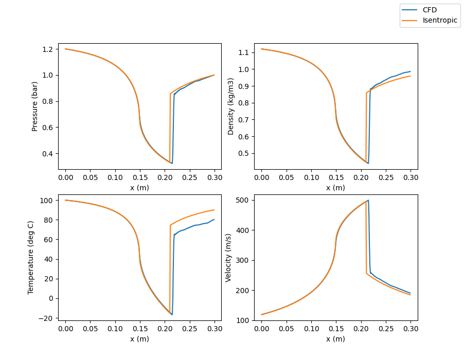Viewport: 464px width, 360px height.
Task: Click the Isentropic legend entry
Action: [437, 21]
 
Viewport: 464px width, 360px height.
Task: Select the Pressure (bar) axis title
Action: [35, 106]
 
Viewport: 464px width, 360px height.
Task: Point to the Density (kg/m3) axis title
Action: [231, 106]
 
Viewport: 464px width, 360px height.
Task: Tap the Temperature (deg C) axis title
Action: [31, 257]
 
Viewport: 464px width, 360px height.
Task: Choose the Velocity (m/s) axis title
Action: [228, 257]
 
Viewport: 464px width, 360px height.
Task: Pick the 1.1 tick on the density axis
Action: [243, 52]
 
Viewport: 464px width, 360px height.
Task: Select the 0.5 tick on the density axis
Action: [243, 153]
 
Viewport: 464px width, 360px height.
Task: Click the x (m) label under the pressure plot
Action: [139, 188]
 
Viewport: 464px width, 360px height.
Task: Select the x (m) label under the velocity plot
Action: [335, 339]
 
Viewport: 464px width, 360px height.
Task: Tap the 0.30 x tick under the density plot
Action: [411, 178]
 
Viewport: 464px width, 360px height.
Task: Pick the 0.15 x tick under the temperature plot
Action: [140, 329]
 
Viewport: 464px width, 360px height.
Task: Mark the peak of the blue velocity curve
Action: [368, 200]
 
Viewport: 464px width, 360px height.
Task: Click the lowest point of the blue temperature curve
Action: [172, 314]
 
